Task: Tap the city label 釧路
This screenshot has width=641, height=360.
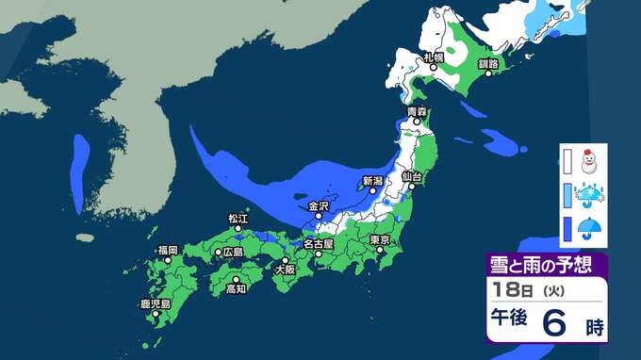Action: coord(487,63)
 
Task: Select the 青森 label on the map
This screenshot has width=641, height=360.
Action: coord(416,112)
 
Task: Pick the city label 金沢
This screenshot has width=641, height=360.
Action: coord(318,205)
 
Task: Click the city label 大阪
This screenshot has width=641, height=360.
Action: coord(284,269)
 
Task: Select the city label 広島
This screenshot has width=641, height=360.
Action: coord(232,252)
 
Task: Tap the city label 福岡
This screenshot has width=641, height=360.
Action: coord(168,250)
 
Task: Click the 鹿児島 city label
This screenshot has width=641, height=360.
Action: coord(154,303)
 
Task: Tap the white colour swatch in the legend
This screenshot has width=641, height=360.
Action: coord(567,162)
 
